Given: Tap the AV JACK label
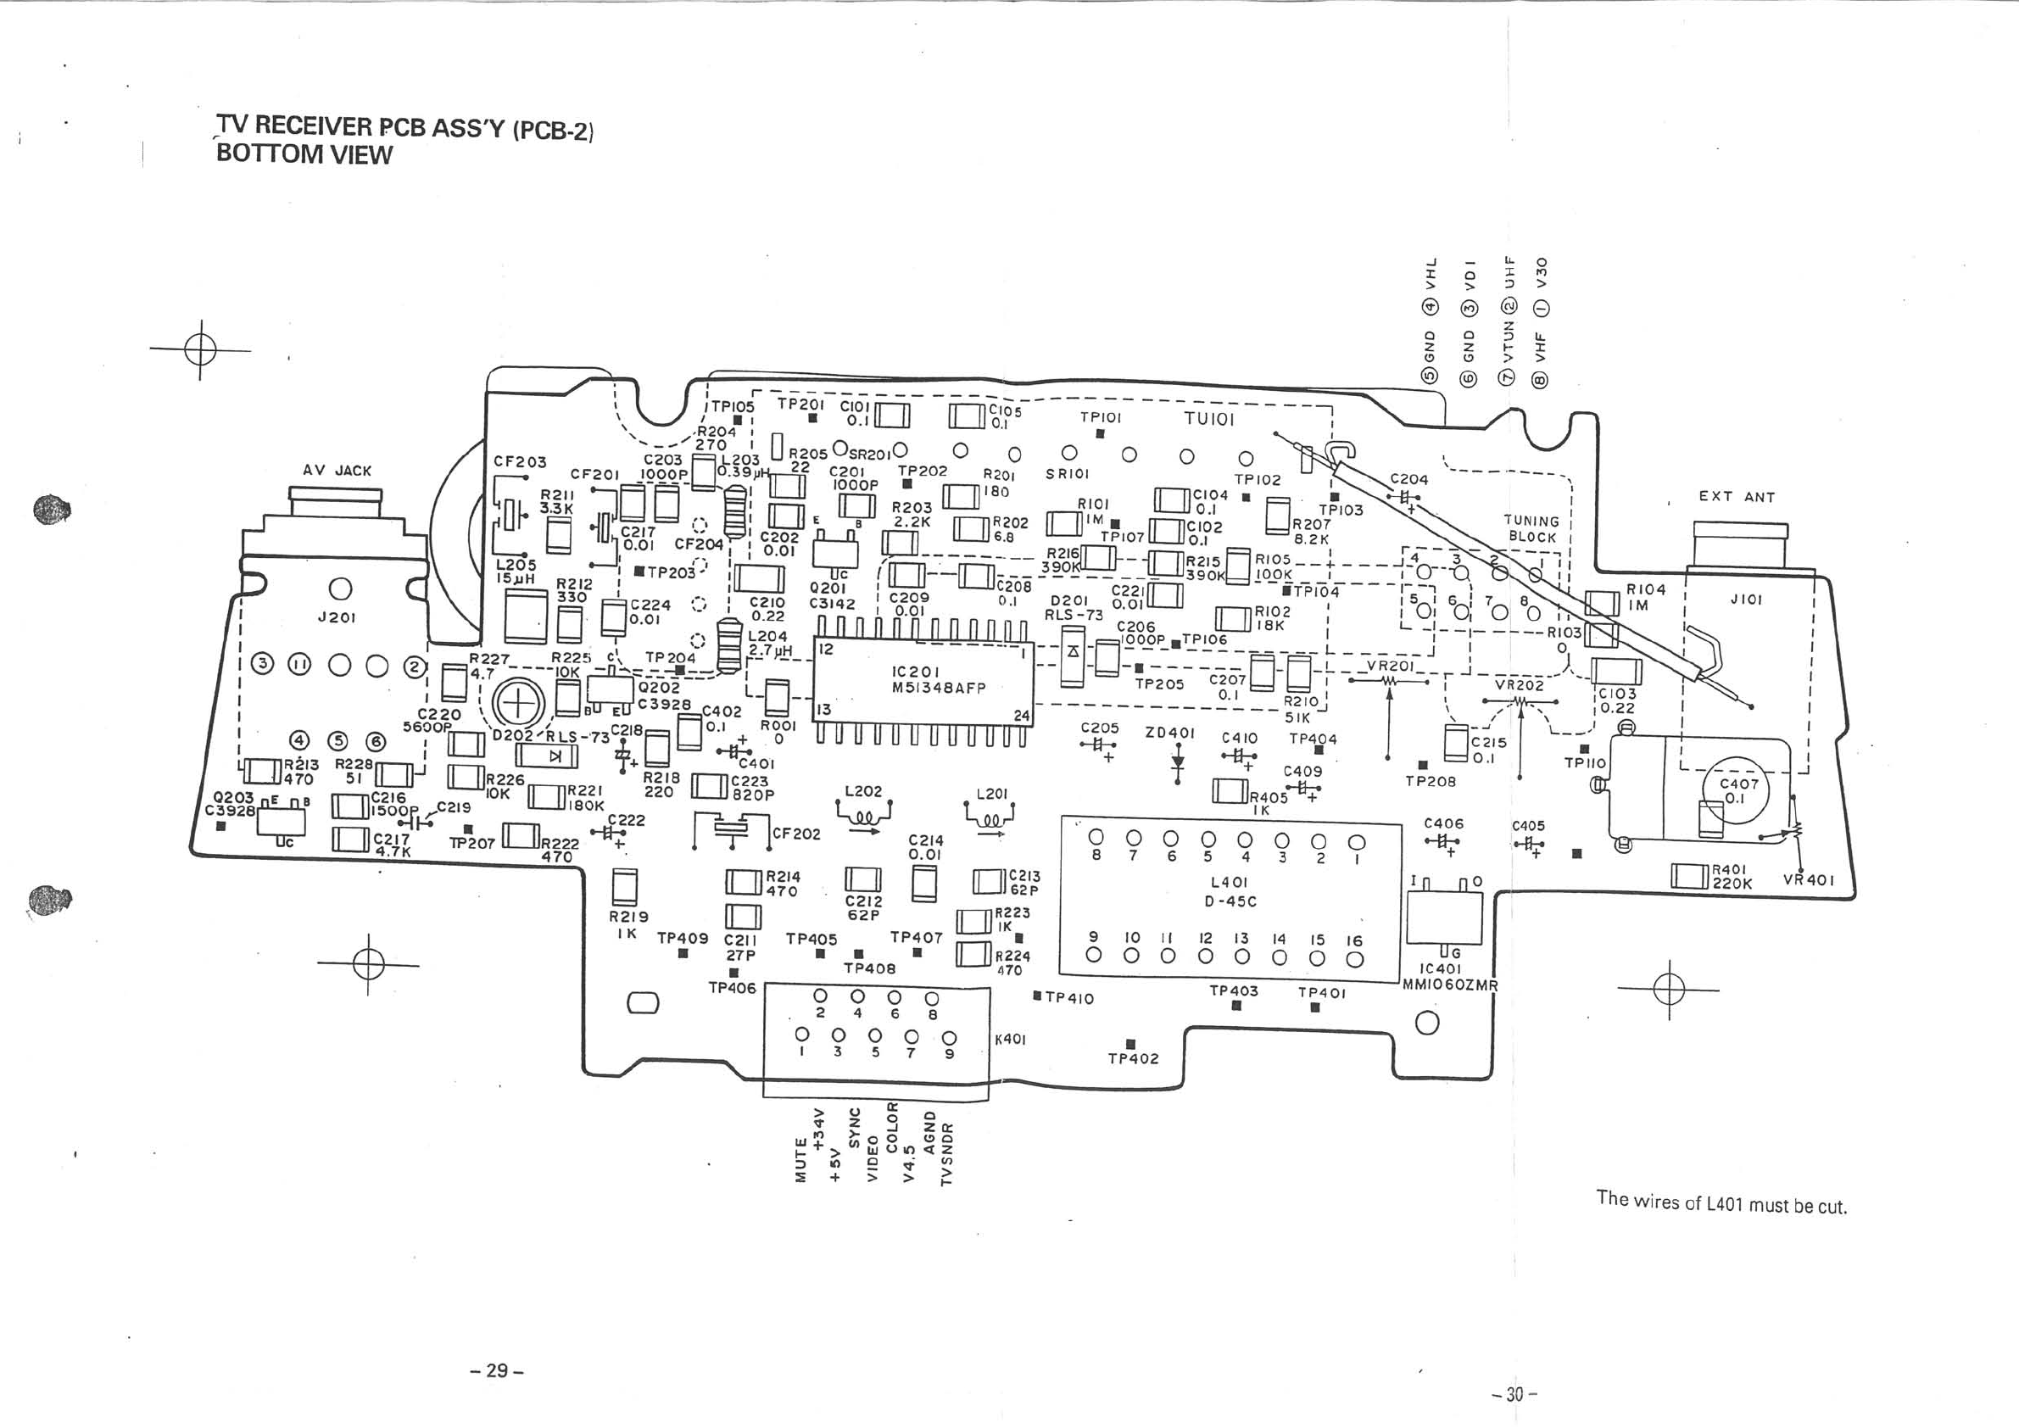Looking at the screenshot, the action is pyautogui.click(x=337, y=471).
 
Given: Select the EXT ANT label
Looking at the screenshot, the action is pyautogui.click(x=1736, y=497).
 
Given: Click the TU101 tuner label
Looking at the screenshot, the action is pyautogui.click(x=1209, y=420).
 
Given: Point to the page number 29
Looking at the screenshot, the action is pyautogui.click(x=498, y=1370).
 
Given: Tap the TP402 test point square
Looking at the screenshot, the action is pyautogui.click(x=1132, y=1044).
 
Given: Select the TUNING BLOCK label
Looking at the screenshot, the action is pyautogui.click(x=1531, y=528).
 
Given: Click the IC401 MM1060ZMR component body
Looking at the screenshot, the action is pyautogui.click(x=1444, y=918).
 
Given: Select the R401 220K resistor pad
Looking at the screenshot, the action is pyautogui.click(x=1689, y=877).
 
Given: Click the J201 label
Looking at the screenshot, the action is pyautogui.click(x=337, y=617).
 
